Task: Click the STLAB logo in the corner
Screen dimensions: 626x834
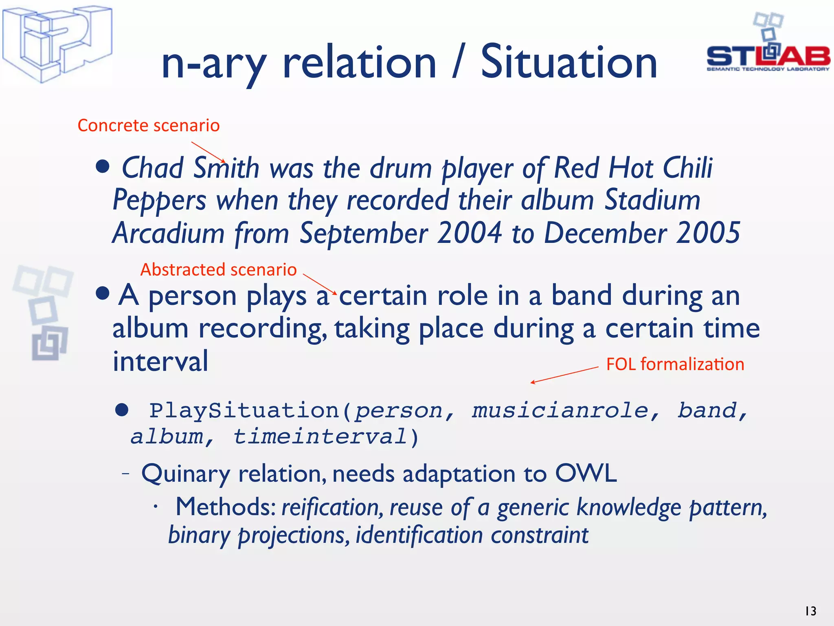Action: tap(768, 45)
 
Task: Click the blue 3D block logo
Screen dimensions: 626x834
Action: tap(57, 44)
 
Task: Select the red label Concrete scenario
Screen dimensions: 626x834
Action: tap(149, 126)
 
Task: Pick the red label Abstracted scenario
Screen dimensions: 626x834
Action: tap(218, 270)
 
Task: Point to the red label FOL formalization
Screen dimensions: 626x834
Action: tap(675, 364)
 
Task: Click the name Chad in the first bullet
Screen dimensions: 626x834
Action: tap(153, 168)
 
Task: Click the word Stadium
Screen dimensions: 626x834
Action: tap(652, 201)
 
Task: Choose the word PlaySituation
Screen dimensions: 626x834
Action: tap(244, 410)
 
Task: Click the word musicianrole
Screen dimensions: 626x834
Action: tap(560, 410)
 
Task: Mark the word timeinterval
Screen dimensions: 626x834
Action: tap(320, 437)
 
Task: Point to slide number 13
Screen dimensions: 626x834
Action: tap(810, 611)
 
